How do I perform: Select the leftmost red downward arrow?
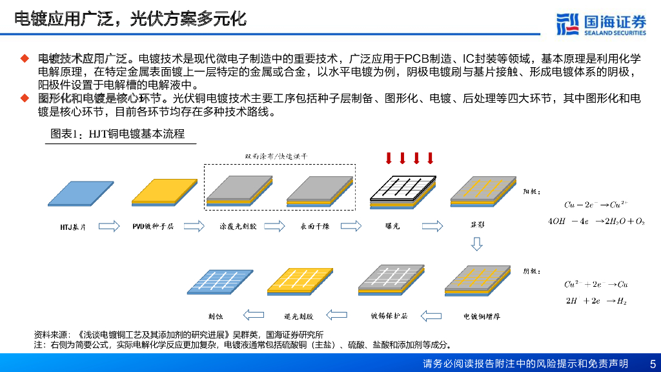(x=389, y=158)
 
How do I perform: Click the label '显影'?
(x=477, y=226)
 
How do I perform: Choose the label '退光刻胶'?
(x=298, y=316)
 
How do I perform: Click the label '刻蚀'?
(x=216, y=316)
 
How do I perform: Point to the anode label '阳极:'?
(x=526, y=191)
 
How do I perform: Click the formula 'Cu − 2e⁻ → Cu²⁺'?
(x=595, y=205)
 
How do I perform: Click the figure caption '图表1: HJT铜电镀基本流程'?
(x=117, y=134)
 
